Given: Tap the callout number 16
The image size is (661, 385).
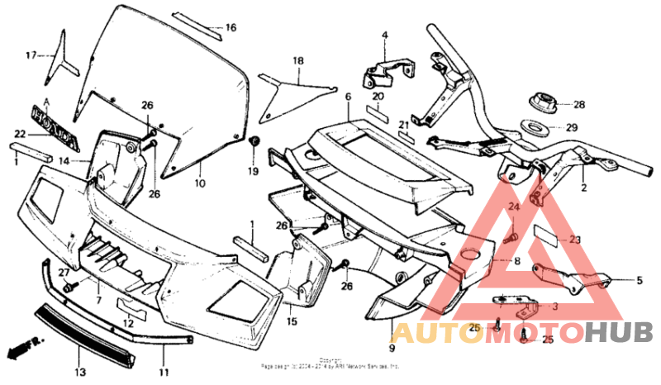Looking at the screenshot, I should point(231,28).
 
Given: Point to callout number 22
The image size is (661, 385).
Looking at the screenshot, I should point(20,134).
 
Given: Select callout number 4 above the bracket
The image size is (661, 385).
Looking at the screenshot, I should point(384,35).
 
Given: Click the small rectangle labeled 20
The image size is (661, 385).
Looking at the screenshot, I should point(378,113).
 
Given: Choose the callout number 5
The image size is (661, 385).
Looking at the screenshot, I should point(639,281).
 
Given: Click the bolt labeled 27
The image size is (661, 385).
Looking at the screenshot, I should point(69,285).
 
